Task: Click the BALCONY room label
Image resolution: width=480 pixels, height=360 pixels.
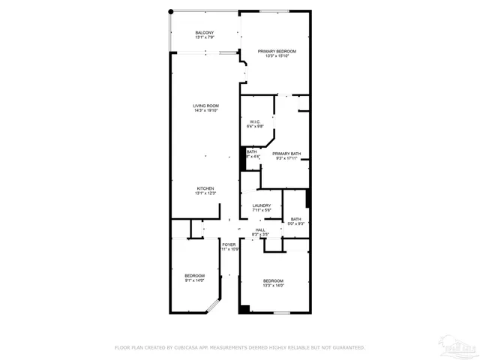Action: [x=205, y=32]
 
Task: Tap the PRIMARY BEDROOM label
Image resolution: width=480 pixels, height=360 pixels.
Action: [x=277, y=51]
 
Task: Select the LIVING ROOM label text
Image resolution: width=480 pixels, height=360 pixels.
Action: [x=205, y=106]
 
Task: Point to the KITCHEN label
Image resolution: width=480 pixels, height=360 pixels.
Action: [x=205, y=188]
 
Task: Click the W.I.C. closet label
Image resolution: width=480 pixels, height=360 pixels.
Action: [x=256, y=121]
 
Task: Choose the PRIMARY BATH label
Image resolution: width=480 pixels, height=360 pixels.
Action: [x=286, y=153]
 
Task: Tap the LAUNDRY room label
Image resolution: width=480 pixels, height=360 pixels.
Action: [x=261, y=205]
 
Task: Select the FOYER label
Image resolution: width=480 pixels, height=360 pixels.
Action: [x=229, y=244]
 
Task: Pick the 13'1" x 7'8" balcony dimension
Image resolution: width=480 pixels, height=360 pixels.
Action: [x=205, y=37]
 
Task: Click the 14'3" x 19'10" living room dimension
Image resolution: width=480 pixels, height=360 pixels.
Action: [x=205, y=111]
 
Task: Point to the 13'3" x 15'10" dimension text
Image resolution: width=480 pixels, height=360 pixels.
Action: [x=277, y=56]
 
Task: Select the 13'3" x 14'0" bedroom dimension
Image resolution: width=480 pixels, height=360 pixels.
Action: [x=273, y=286]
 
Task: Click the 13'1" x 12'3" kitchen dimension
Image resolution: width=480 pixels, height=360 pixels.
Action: [x=205, y=193]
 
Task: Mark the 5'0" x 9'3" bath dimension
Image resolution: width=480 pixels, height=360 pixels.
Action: [x=295, y=223]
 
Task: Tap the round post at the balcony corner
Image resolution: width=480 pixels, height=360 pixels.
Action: [x=171, y=11]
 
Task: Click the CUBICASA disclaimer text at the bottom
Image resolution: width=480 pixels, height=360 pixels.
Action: [x=239, y=347]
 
